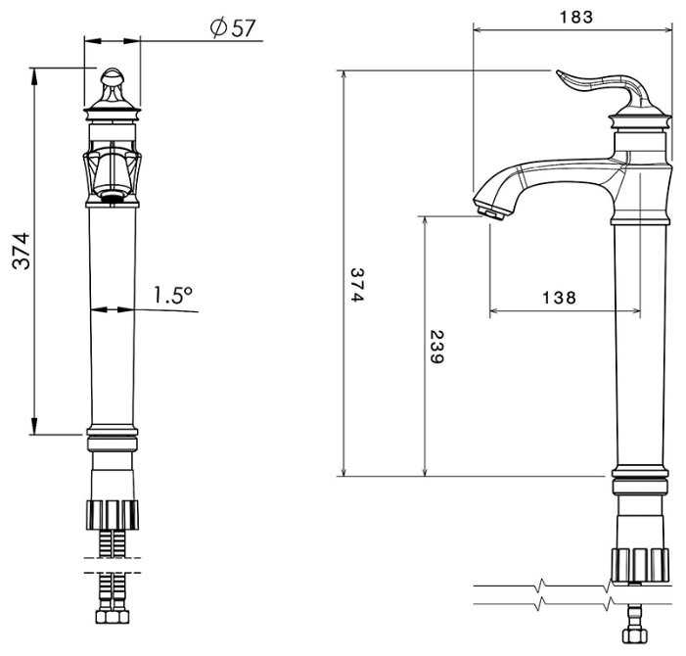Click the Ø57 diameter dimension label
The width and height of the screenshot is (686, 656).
tap(232, 27)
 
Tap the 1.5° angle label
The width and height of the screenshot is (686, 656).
tap(172, 295)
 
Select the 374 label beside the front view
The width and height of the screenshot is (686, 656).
tap(21, 251)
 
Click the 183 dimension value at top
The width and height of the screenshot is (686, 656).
tap(576, 17)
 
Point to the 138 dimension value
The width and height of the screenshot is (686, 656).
tap(559, 298)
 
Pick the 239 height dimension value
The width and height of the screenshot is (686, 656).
tap(436, 347)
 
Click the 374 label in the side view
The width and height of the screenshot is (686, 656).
tap(357, 285)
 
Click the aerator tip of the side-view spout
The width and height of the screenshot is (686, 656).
tap(492, 212)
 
